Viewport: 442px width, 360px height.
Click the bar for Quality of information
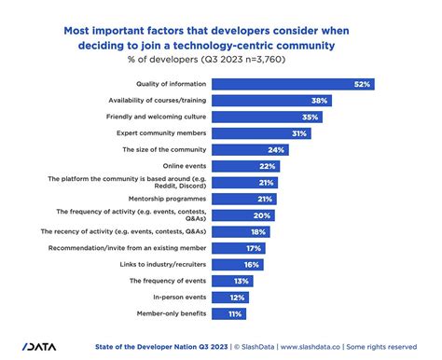tap(294, 84)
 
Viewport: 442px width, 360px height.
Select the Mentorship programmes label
tap(166, 199)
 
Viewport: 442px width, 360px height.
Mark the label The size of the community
tap(163, 149)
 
